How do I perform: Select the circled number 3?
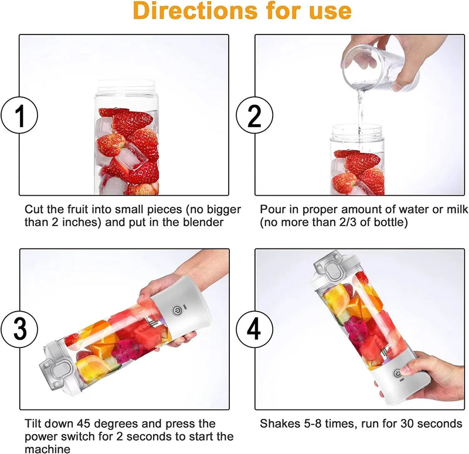click(20, 329)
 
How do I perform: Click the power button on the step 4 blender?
click(397, 373)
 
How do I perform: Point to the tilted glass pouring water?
click(375, 70)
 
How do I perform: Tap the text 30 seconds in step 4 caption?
click(433, 424)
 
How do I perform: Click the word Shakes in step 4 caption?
click(279, 424)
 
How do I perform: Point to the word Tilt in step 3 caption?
click(33, 424)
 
